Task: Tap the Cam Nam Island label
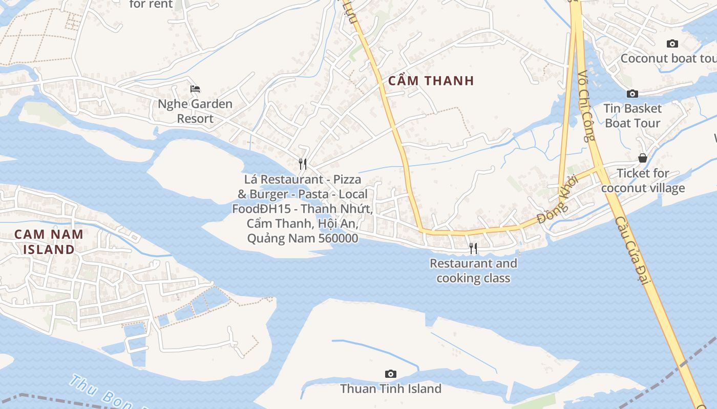click(49, 242)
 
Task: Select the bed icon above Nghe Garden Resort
click(195, 89)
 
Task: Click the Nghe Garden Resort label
click(195, 111)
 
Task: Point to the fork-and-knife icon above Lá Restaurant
click(303, 164)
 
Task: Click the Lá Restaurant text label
click(302, 209)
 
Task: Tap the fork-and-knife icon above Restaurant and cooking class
click(473, 248)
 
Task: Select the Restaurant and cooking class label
click(473, 271)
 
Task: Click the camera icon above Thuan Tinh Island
click(390, 374)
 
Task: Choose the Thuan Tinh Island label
click(391, 389)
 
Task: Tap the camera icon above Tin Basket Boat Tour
click(632, 94)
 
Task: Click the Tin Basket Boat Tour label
click(632, 116)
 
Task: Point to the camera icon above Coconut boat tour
click(672, 44)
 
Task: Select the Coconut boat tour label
click(668, 58)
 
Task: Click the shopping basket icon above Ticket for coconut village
click(642, 158)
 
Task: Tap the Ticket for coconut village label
click(643, 180)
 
